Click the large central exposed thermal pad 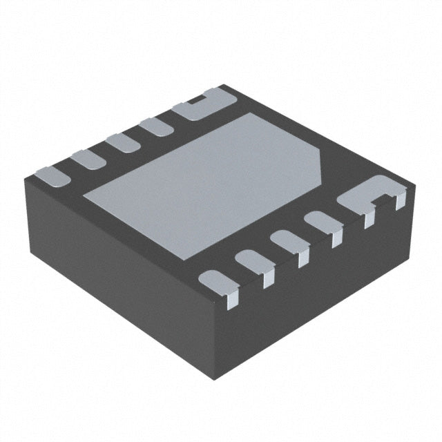pos(207,173)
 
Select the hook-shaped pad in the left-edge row pos(197,105)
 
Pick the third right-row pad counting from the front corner pos(285,241)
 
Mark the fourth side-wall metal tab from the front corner pos(337,239)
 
